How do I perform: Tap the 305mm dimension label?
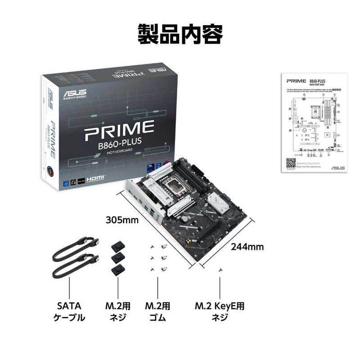[122, 220]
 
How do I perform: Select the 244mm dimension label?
[247, 247]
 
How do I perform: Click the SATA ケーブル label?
[69, 312]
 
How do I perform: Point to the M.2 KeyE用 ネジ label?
[220, 312]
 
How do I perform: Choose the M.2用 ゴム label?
[157, 312]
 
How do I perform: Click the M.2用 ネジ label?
[118, 312]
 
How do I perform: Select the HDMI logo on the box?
[95, 178]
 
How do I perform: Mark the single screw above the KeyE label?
[220, 269]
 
